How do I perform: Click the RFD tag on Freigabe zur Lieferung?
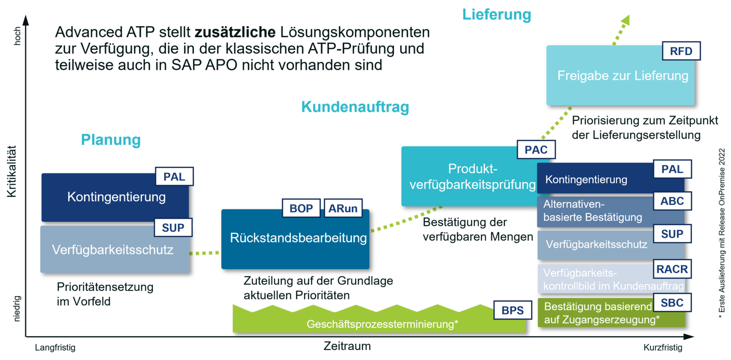681,51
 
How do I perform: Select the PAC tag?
536,150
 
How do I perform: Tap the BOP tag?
301,208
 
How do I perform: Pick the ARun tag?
343,208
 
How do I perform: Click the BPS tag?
512,310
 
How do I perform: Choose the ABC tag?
672,201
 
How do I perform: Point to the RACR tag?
672,269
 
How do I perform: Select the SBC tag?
672,303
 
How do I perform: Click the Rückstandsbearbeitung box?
295,239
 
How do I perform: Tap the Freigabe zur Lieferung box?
620,76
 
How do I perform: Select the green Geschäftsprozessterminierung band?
379,319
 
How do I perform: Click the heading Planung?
111,139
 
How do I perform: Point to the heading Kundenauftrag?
355,107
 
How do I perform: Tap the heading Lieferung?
497,15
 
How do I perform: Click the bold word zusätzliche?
235,32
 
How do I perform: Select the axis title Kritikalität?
11,171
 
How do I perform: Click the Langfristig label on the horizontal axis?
55,348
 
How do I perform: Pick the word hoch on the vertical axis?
17,36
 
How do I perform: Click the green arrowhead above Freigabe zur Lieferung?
625,20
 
